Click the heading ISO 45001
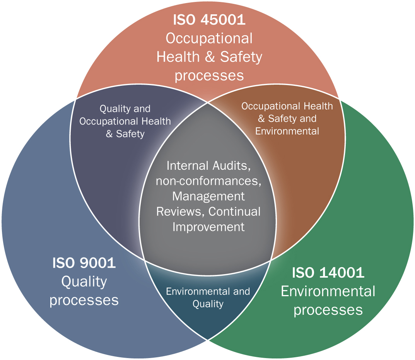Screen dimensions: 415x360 point(209,20)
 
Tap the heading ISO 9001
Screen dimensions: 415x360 point(84,263)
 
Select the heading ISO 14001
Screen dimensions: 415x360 point(328,272)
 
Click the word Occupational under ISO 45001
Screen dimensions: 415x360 point(209,39)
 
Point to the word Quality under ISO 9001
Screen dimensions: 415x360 point(84,282)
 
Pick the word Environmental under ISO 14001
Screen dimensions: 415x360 point(328,291)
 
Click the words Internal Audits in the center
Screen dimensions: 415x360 point(208,166)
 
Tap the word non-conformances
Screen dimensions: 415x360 point(208,181)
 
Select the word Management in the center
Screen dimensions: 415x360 point(208,196)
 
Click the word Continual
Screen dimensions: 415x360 point(234,212)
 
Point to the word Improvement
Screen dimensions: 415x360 point(208,227)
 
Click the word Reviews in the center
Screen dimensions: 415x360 point(180,212)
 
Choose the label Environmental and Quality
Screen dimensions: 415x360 point(208,297)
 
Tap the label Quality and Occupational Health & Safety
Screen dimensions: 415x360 point(125,121)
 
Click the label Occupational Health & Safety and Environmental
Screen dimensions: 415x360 point(287,119)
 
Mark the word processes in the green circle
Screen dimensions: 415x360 point(328,310)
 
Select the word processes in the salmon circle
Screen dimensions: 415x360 point(209,76)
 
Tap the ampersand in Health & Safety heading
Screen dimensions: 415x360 point(210,57)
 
